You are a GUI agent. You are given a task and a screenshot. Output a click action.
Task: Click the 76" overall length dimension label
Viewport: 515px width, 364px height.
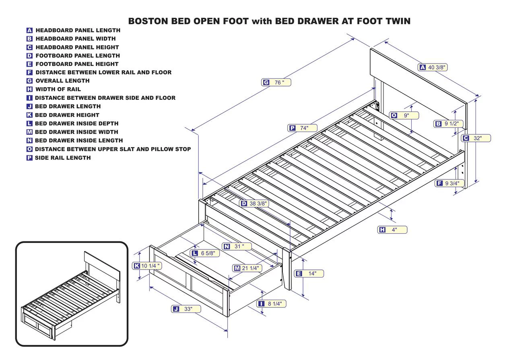pos(276,82)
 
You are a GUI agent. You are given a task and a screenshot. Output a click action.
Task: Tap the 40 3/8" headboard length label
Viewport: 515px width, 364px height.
pos(433,67)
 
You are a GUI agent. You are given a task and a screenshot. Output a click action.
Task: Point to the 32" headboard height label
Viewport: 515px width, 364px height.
pos(476,138)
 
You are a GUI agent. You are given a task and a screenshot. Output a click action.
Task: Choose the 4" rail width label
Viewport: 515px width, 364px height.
pos(392,230)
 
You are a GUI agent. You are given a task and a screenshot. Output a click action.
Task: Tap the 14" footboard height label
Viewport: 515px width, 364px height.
pos(309,274)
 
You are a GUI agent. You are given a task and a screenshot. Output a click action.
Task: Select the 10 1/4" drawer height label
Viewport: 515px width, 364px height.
pos(147,265)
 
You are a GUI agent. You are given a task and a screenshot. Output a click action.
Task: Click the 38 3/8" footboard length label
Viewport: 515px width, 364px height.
pos(254,204)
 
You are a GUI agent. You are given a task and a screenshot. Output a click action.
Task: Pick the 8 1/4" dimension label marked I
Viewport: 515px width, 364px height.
pos(272,304)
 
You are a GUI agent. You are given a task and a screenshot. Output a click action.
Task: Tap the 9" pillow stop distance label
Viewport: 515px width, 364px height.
pos(404,115)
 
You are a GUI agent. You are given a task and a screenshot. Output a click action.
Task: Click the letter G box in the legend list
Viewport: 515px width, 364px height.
pos(29,81)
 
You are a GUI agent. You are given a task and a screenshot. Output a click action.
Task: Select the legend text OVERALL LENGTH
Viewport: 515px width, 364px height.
pos(62,81)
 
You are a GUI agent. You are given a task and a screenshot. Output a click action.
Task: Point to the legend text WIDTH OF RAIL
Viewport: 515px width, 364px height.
pos(58,89)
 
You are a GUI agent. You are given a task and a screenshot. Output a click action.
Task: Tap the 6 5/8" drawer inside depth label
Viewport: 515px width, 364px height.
pos(205,253)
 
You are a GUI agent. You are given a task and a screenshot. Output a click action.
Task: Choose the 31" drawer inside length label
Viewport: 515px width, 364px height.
pos(237,246)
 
